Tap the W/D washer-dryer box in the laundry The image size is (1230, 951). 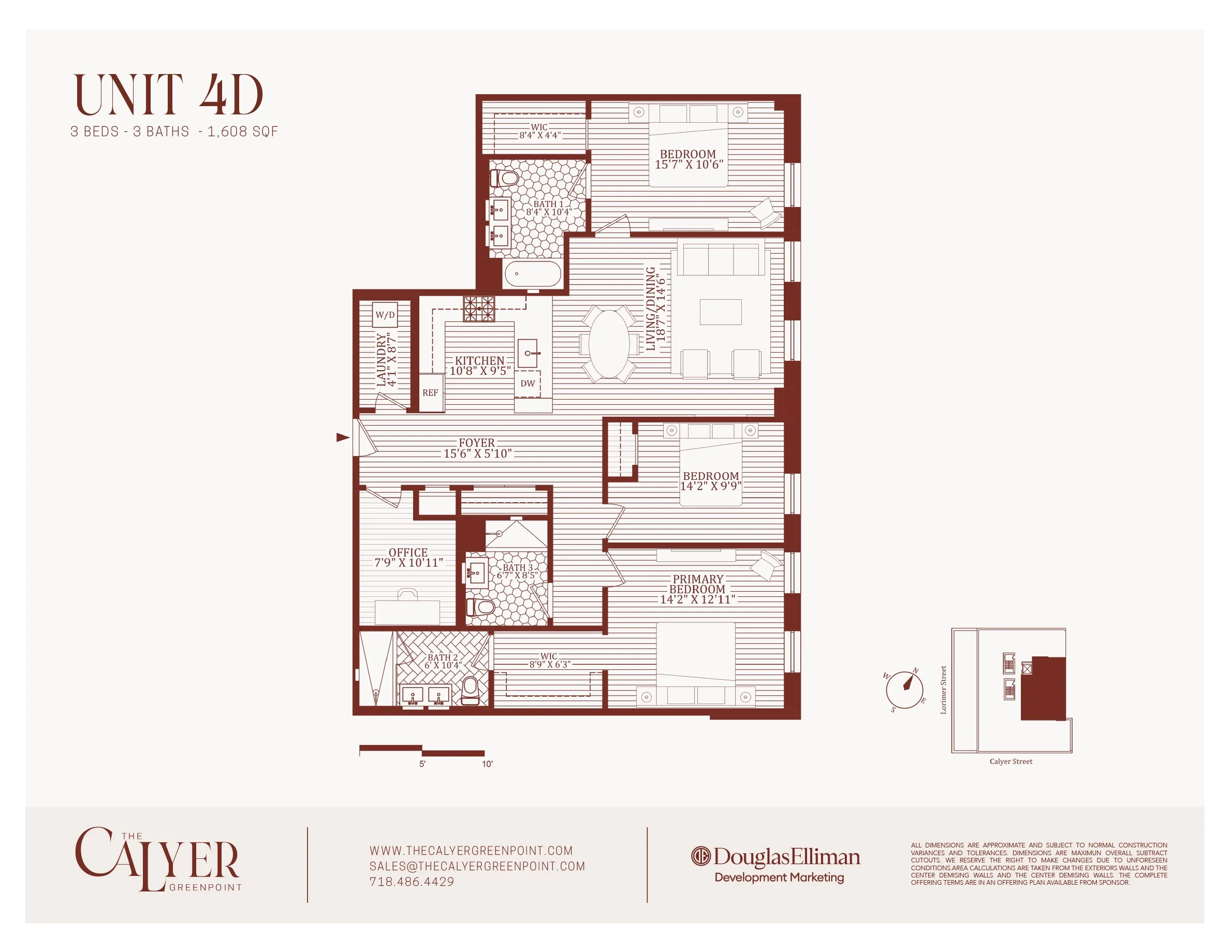click(x=385, y=315)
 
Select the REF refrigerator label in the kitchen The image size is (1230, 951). click(x=430, y=392)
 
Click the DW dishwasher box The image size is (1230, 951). click(x=528, y=384)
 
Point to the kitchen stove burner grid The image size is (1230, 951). click(x=479, y=309)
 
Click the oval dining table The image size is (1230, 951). click(x=609, y=343)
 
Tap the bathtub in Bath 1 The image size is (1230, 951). click(x=533, y=274)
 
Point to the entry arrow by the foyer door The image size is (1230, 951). click(x=342, y=437)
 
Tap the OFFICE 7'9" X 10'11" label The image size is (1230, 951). click(x=408, y=558)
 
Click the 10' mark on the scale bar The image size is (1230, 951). click(x=487, y=764)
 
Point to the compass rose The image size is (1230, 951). click(x=904, y=690)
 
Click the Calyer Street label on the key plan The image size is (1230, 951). click(x=1011, y=761)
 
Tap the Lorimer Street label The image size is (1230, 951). click(x=943, y=690)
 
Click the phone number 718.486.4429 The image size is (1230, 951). click(x=412, y=882)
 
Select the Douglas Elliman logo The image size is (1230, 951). click(x=775, y=857)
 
